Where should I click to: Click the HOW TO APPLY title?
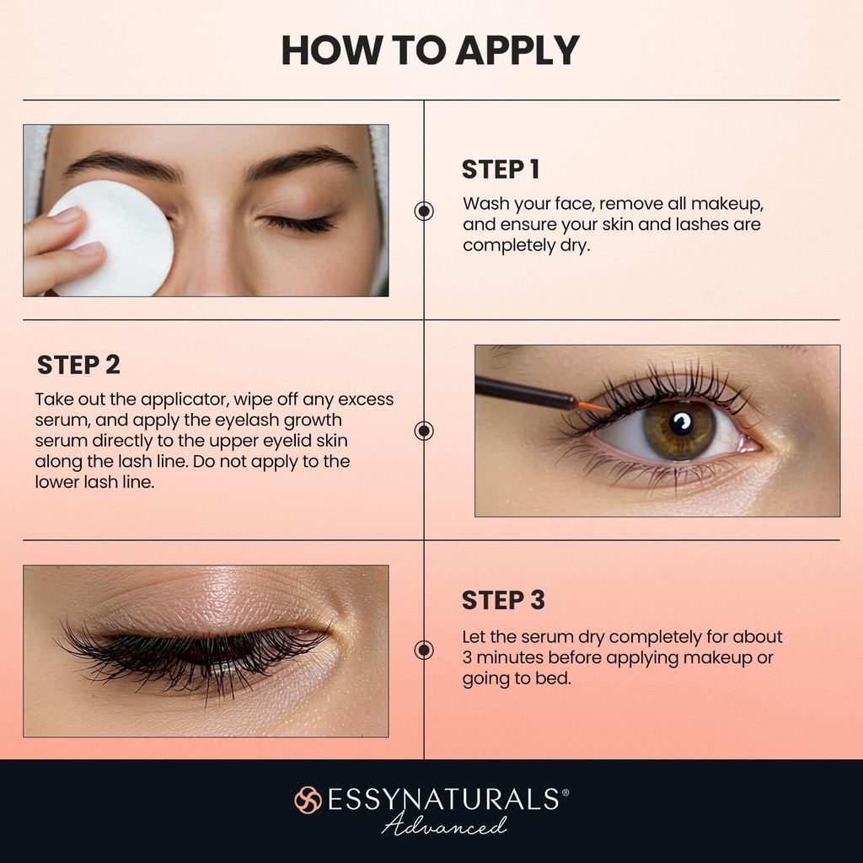coord(430,51)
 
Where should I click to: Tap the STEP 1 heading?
coord(500,169)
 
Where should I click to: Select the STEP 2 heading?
coord(78,365)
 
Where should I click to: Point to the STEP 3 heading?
coord(503,600)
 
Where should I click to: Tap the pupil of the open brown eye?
coord(681,421)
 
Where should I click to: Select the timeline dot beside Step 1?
coord(424,211)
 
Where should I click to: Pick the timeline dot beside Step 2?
coord(424,431)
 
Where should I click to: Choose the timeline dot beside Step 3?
coord(424,650)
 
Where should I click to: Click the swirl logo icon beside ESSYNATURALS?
coord(308,800)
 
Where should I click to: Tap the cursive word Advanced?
coord(444,825)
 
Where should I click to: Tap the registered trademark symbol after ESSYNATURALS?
coord(565,793)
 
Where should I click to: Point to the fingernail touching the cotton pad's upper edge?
coord(67,216)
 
